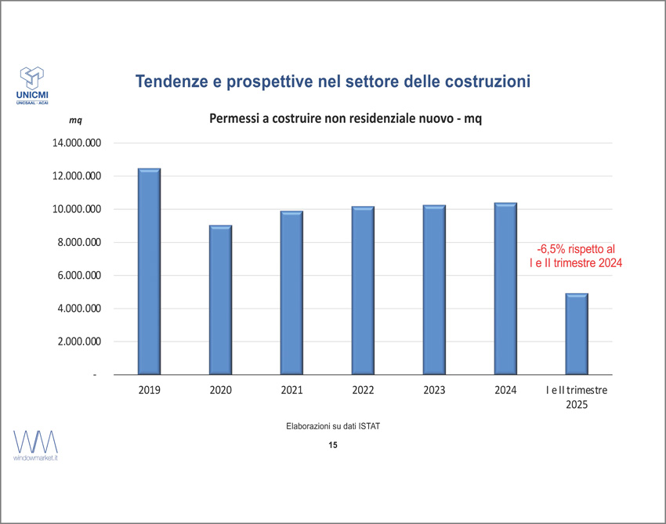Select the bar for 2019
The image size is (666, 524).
coord(149,272)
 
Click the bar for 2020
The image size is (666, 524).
coord(220,300)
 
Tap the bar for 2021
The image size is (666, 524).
coord(291,293)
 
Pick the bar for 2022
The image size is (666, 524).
coord(363,291)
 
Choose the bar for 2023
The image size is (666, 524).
coord(434,290)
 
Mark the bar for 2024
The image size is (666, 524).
coord(505,288)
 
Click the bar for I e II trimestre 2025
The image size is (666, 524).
coord(577,334)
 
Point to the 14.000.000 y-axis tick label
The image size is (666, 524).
coord(77,143)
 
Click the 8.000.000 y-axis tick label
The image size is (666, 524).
coord(80,243)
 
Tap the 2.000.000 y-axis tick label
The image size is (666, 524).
coord(80,342)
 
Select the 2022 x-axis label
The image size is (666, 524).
coord(363,390)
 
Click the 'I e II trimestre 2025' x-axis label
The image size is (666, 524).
coord(577,397)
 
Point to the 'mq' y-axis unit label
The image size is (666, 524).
coord(75,120)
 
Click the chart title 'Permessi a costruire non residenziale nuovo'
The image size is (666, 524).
coord(345,119)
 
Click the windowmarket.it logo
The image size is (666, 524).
coord(36,443)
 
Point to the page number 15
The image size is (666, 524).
coord(333,445)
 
